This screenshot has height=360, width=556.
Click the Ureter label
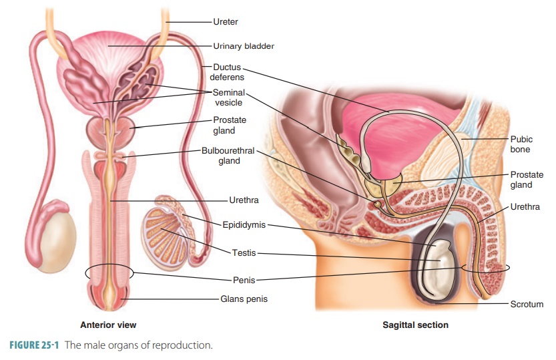tap(226, 21)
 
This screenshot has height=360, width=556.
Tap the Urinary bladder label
tap(244, 46)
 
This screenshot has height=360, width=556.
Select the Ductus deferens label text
tap(227, 72)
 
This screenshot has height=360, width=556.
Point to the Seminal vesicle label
tap(229, 98)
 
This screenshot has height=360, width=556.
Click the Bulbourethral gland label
tap(228, 156)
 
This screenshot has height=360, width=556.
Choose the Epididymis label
tap(244, 225)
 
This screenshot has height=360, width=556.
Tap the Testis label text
tap(244, 253)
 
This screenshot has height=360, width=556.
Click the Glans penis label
tap(244, 299)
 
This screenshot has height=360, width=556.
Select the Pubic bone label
tap(521, 144)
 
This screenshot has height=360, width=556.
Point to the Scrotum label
tap(527, 304)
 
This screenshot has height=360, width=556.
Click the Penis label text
tap(244, 281)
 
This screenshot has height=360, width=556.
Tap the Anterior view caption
tap(108, 325)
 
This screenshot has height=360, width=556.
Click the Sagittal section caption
tap(415, 325)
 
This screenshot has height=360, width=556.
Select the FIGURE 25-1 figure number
tap(34, 345)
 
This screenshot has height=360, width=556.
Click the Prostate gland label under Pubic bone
tap(527, 180)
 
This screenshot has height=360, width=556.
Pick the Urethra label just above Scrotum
tap(525, 207)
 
